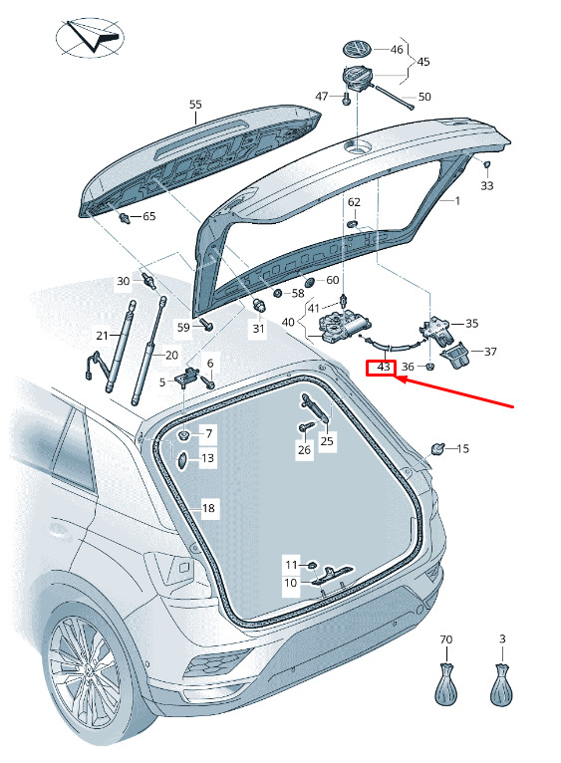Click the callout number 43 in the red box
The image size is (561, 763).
tap(384, 367)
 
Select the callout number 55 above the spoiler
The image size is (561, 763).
tap(195, 105)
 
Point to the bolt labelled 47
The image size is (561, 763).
tap(346, 99)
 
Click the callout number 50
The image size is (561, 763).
tap(424, 97)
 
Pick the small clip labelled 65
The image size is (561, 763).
tap(125, 217)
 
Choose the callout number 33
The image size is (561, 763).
tap(487, 185)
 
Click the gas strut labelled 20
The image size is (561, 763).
tap(148, 352)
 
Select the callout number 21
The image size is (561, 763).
tap(102, 336)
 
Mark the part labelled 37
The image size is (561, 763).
tap(454, 357)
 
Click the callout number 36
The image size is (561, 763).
tap(408, 367)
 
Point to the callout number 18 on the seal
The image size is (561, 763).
tap(208, 508)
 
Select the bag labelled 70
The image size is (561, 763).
tap(446, 683)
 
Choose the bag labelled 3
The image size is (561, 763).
tap(501, 683)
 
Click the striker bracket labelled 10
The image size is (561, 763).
tap(334, 575)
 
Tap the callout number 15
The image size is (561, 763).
tap(462, 448)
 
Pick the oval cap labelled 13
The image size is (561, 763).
tap(181, 460)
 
